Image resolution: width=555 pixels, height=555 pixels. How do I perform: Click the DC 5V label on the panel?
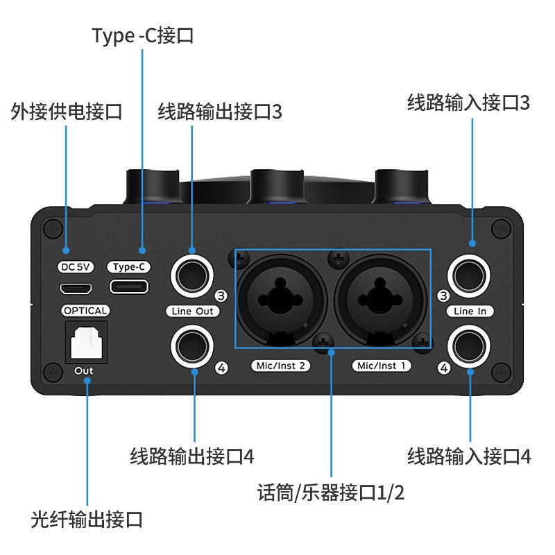point(76,266)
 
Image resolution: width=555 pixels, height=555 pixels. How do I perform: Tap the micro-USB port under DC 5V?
point(76,289)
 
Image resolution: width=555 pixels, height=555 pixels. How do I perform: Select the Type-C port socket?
point(129,287)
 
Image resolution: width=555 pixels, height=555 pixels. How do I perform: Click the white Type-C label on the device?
point(129,266)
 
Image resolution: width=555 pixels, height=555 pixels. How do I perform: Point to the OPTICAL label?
point(85,310)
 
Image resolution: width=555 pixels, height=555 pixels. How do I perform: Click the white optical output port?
point(86,342)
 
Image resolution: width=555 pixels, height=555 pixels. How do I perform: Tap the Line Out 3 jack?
point(192,275)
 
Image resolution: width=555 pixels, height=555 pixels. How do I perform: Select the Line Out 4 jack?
point(192,346)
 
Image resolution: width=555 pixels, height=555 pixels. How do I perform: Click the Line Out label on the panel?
point(193,311)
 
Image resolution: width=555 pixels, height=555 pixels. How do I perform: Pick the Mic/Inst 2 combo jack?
point(281,301)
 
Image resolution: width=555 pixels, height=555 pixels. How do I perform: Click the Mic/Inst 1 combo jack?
point(380,301)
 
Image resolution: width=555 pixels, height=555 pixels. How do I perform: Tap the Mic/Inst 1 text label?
point(382,366)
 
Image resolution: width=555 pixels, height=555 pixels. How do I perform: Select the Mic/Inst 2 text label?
point(281,366)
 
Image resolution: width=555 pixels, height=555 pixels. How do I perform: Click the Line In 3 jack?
point(469,275)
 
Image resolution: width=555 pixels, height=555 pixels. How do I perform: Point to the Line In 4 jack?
point(469,346)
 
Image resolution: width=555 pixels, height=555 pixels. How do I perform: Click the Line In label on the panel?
point(470,311)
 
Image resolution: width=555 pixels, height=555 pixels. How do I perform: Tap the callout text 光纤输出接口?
point(87,520)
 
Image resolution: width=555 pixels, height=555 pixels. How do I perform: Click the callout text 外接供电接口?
point(66,112)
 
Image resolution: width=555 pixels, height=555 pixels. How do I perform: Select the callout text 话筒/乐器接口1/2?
point(331,493)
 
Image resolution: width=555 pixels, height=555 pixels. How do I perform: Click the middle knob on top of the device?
point(277,187)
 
